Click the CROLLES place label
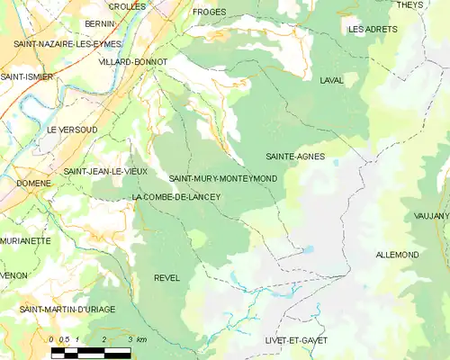pyautogui.click(x=127, y=6)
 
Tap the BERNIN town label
pyautogui.click(x=99, y=23)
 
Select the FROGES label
pyautogui.click(x=210, y=13)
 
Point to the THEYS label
pyautogui.click(x=409, y=5)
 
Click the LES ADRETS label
pyautogui.click(x=373, y=30)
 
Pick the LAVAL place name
pyautogui.click(x=331, y=80)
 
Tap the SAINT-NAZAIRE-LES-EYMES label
pyautogui.click(x=55, y=43)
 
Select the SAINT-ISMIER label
pyautogui.click(x=26, y=77)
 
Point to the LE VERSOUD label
pyautogui.click(x=72, y=130)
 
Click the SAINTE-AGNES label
pyautogui.click(x=294, y=157)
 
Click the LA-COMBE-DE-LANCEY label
pyautogui.click(x=175, y=197)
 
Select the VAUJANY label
pyautogui.click(x=431, y=216)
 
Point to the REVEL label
pyautogui.click(x=167, y=277)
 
